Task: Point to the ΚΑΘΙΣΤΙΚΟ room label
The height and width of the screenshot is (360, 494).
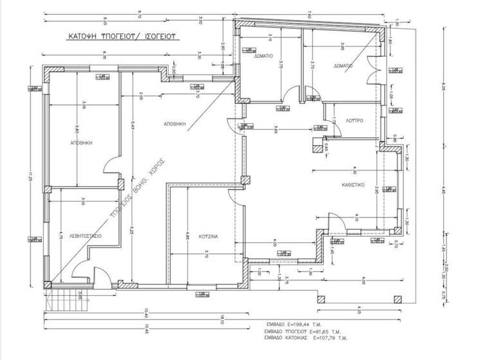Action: click(x=354, y=183)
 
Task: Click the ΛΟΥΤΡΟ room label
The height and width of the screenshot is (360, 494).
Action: click(x=354, y=120)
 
